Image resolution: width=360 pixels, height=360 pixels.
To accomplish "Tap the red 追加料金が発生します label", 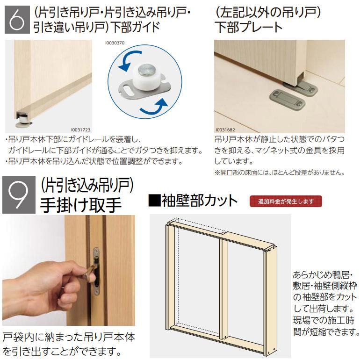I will pos(286,202).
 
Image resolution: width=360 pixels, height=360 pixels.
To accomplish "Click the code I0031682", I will pos(226,130).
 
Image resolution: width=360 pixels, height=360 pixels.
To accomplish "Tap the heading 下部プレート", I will pos(248,27).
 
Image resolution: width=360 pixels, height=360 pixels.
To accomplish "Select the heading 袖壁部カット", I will pos(193,201).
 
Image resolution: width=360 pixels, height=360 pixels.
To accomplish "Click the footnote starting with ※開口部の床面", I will pos(279,172).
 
